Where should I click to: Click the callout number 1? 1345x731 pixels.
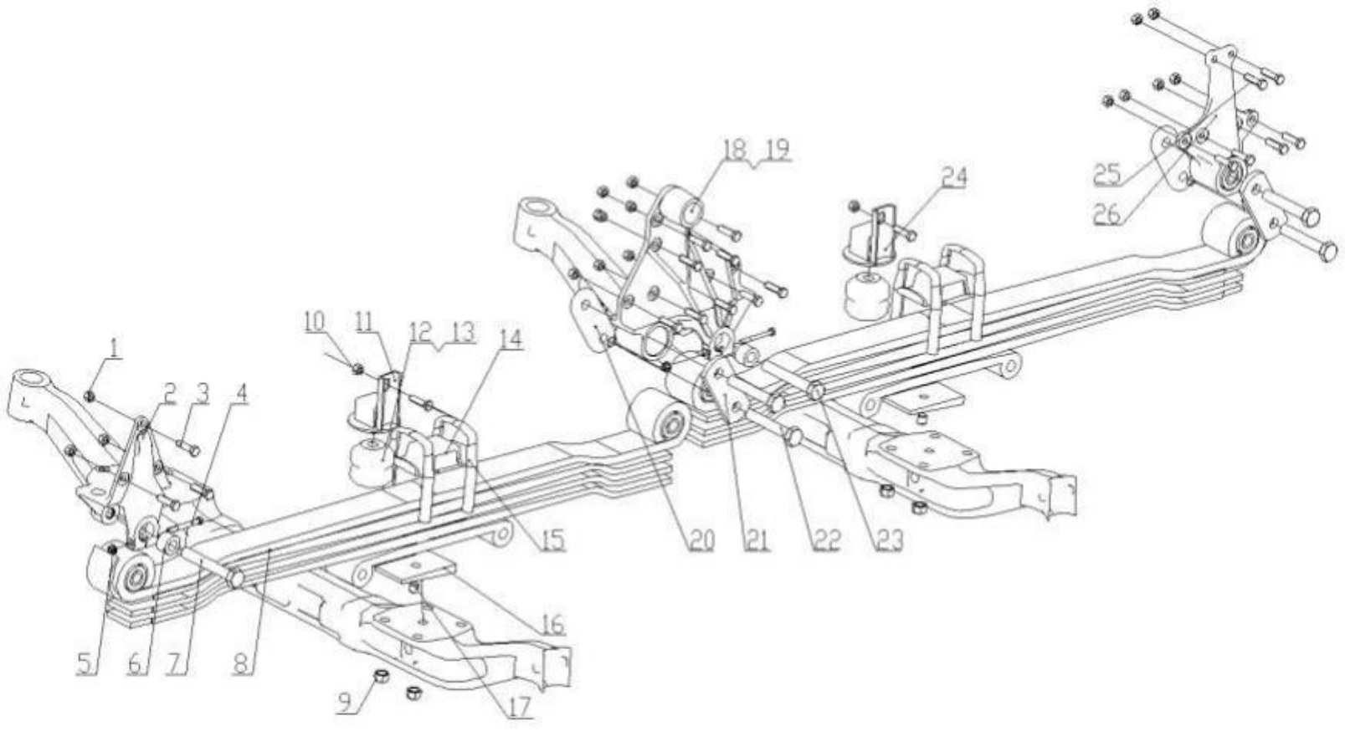click(x=114, y=346)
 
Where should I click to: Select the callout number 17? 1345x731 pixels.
click(x=520, y=708)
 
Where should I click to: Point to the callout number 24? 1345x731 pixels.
click(x=952, y=177)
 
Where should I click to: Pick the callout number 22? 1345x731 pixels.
click(x=827, y=541)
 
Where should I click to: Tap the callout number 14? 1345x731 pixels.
click(x=511, y=340)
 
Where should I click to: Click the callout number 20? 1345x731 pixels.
click(x=701, y=541)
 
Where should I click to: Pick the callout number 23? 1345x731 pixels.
click(x=889, y=541)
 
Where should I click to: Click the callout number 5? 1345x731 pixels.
click(x=85, y=665)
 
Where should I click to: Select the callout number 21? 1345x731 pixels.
click(x=757, y=541)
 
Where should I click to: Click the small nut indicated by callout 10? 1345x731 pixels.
click(x=357, y=368)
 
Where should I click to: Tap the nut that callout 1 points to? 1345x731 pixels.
click(x=89, y=395)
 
